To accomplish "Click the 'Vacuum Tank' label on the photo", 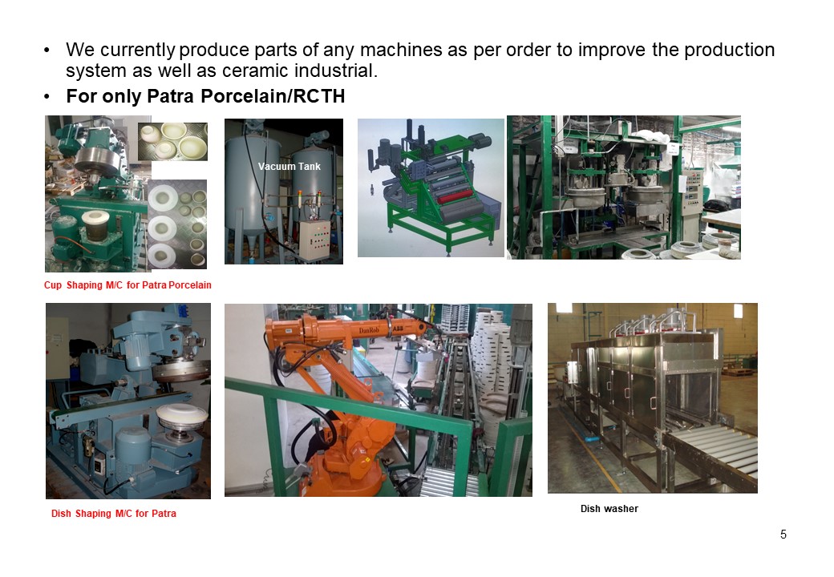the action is tap(289, 167).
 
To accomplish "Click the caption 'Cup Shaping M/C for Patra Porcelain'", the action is tap(128, 285).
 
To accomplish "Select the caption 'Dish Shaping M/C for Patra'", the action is tap(113, 514).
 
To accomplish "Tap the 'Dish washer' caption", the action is tap(609, 508).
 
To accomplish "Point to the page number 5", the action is tap(783, 535).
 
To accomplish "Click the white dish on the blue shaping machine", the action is tap(181, 415).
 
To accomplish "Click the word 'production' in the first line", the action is tap(729, 50).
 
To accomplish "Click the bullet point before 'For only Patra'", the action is tap(47, 97).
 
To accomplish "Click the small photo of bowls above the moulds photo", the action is tap(173, 141).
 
